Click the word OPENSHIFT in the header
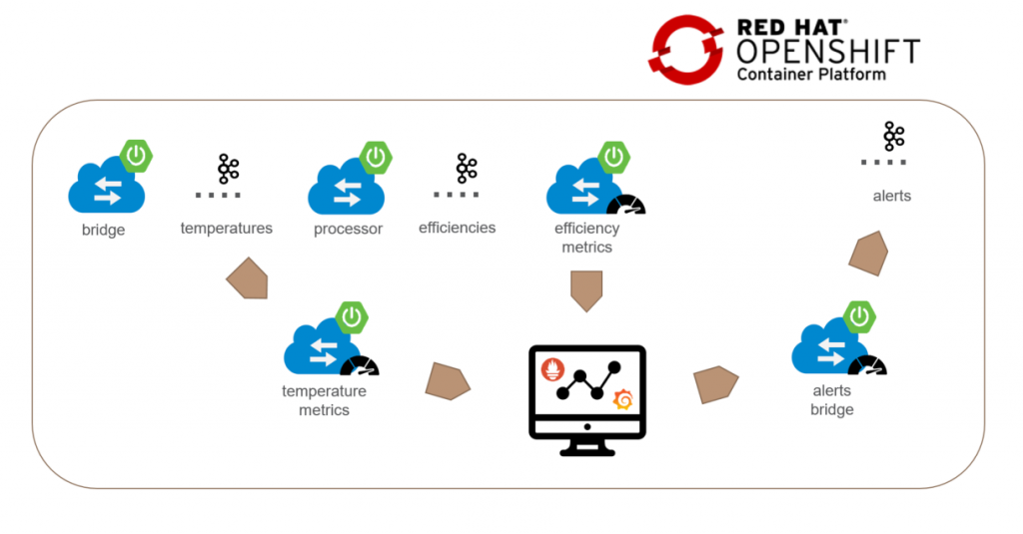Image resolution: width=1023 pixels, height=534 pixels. point(828,51)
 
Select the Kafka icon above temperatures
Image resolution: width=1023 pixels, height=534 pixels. point(229,169)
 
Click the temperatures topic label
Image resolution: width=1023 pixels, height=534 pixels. point(226,229)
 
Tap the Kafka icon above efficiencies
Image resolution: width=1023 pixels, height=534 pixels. point(467,168)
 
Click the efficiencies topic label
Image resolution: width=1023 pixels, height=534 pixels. point(457,228)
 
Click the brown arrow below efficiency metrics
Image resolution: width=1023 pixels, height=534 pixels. point(586,289)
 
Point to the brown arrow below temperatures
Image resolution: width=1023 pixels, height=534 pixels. point(248,280)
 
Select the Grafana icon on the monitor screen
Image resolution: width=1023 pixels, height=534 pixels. point(622,399)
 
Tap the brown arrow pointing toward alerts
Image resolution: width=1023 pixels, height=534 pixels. point(868,254)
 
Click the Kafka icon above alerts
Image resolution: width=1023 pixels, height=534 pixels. point(893,137)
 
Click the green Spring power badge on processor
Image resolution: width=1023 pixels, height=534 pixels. point(376,158)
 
